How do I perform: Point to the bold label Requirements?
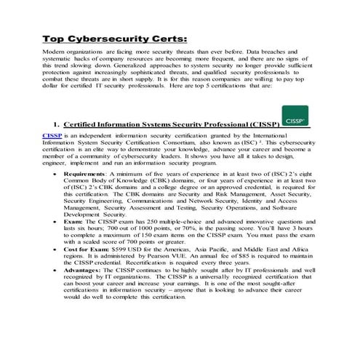coord(84,175)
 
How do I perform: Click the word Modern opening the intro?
coord(55,53)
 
